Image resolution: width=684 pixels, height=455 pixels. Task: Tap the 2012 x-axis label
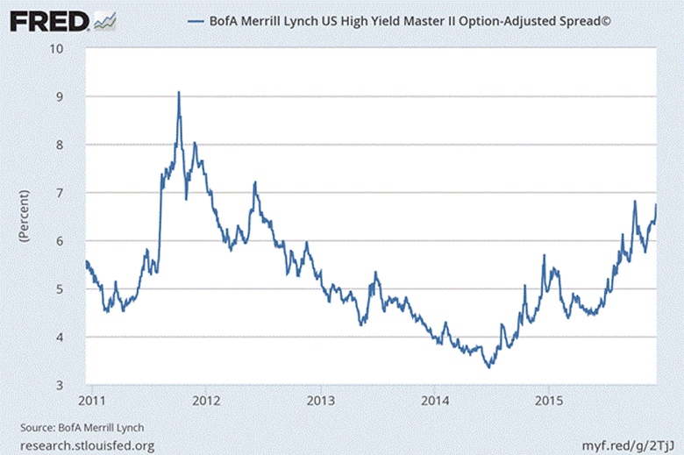click(205, 402)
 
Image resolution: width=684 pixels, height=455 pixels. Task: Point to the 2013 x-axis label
click(320, 402)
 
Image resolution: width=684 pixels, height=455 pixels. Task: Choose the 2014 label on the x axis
click(434, 402)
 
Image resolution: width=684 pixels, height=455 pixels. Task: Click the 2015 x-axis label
click(548, 402)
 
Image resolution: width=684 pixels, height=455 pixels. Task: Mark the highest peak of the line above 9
click(179, 92)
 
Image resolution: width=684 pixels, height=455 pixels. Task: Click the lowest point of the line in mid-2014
click(489, 367)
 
